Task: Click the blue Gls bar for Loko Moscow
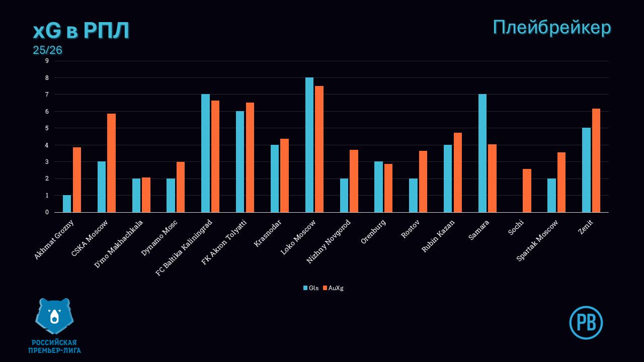tap(309, 145)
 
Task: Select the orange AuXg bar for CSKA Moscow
tap(111, 163)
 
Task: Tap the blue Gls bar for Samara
tap(482, 153)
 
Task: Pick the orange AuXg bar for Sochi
tap(527, 191)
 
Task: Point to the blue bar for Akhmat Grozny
tap(67, 204)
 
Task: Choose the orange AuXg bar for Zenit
tap(596, 160)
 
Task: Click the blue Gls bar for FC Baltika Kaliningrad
tap(205, 153)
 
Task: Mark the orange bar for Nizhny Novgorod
tap(354, 181)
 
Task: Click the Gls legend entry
tap(311, 288)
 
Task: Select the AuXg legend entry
tap(333, 288)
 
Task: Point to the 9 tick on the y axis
tap(47, 61)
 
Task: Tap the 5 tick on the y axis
tap(47, 128)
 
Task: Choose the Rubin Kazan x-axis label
tap(438, 236)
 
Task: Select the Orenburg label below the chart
tap(373, 232)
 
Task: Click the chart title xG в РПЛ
tap(81, 31)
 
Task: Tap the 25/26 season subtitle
tap(47, 50)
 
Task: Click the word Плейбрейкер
tap(551, 27)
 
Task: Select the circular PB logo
tap(586, 322)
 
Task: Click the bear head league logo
tap(54, 316)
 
